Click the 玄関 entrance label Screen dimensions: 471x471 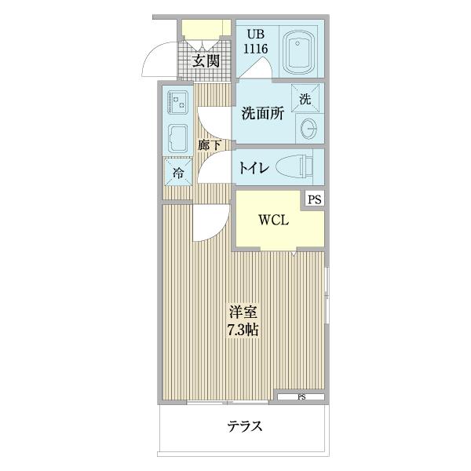(x=206, y=62)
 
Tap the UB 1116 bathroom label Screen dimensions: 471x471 (x=258, y=42)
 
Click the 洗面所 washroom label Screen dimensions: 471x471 (x=262, y=115)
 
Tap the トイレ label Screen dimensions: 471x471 (x=254, y=167)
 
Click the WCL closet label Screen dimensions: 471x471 (x=275, y=221)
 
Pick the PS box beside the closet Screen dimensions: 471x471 (x=314, y=199)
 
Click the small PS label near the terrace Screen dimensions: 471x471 (x=301, y=398)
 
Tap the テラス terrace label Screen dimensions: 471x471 (x=244, y=427)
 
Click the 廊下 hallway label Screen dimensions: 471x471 (x=209, y=145)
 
